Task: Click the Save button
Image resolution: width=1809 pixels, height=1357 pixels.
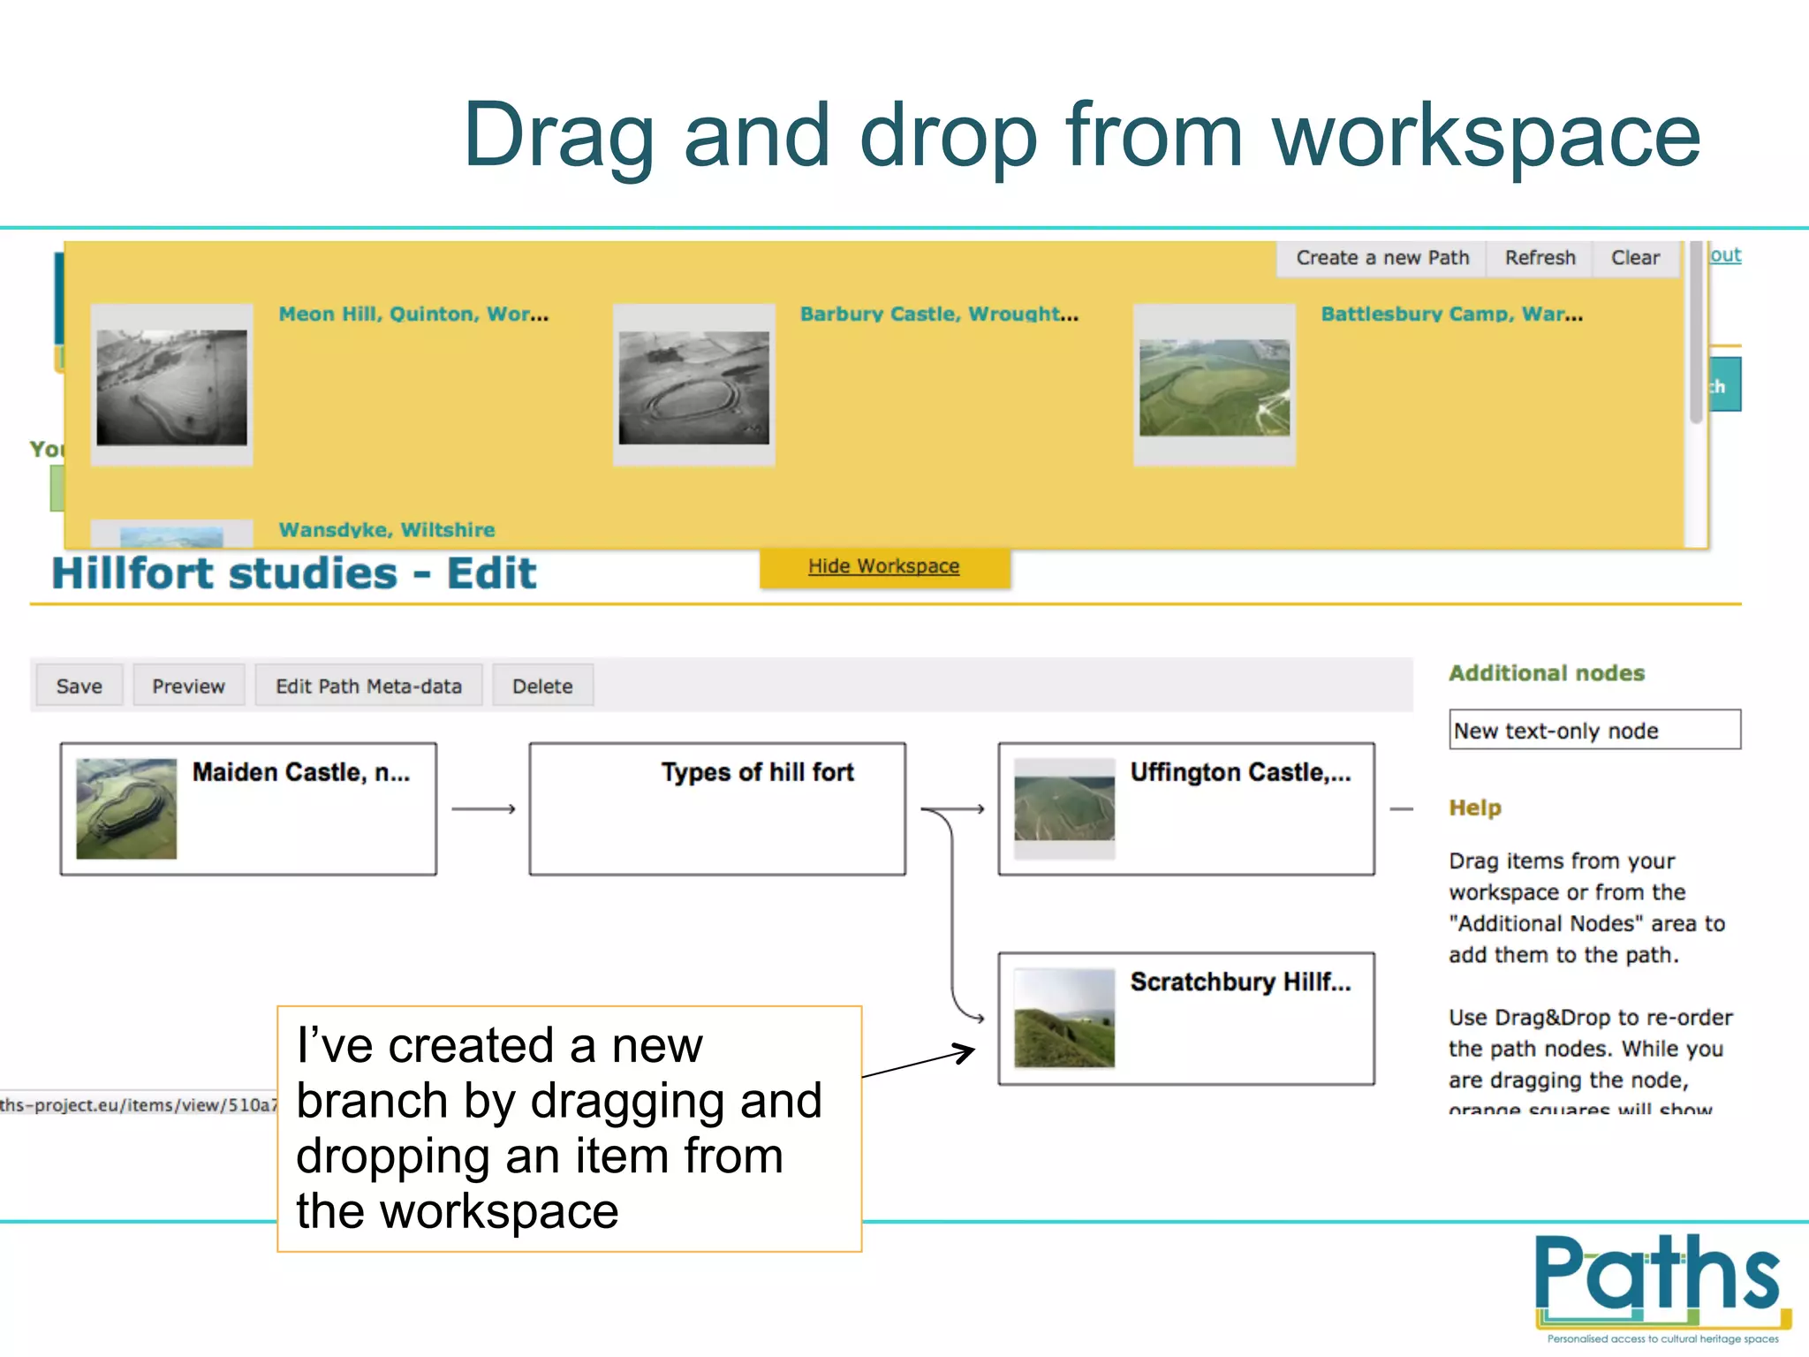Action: coord(79,686)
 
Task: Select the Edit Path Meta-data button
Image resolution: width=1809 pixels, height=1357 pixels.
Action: coord(368,686)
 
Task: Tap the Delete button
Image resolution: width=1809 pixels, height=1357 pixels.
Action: coord(542,686)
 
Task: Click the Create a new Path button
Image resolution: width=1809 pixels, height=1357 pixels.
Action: coord(1382,258)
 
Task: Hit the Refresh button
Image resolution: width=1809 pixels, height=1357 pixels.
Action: coord(1540,258)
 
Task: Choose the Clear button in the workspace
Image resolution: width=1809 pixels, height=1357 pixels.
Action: coord(1635,258)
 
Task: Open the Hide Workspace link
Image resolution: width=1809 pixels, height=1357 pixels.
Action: coord(883,566)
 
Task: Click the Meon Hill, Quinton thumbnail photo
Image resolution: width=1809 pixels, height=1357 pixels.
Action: coord(172,386)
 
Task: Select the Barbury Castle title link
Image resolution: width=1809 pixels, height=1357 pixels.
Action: coord(938,315)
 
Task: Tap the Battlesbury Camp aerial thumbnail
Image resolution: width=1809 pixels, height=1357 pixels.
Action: coord(1215,387)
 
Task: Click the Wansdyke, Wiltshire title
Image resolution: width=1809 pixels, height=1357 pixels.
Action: coord(387,530)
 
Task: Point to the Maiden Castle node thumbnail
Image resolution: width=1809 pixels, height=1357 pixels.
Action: coord(126,808)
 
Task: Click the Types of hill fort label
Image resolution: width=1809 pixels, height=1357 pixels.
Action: coord(757,772)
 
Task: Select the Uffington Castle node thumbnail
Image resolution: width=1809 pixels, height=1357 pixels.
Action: coord(1064,807)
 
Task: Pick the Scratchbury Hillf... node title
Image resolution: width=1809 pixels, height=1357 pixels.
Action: coord(1240,982)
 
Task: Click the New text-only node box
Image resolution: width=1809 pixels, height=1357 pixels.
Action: coord(1593,730)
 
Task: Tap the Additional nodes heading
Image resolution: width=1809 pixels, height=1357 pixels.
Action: coord(1546,673)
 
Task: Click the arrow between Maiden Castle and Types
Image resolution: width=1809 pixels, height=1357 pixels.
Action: coord(483,808)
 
